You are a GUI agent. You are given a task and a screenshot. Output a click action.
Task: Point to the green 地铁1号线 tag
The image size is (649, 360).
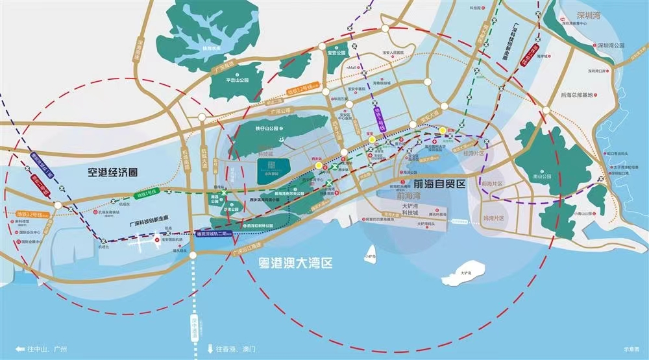pos(147,194)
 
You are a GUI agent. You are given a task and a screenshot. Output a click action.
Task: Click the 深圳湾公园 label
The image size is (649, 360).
pos(610,45)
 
